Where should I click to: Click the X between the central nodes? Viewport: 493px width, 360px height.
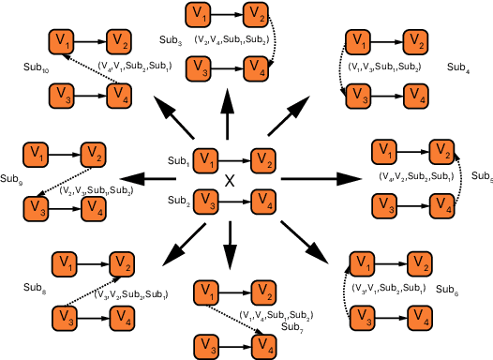228,178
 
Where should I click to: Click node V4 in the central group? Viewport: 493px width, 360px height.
263,200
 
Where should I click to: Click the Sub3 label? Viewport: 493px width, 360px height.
171,41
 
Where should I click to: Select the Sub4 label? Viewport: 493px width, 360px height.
458,67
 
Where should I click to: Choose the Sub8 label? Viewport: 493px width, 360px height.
36,287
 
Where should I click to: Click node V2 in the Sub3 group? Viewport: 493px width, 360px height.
253,14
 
